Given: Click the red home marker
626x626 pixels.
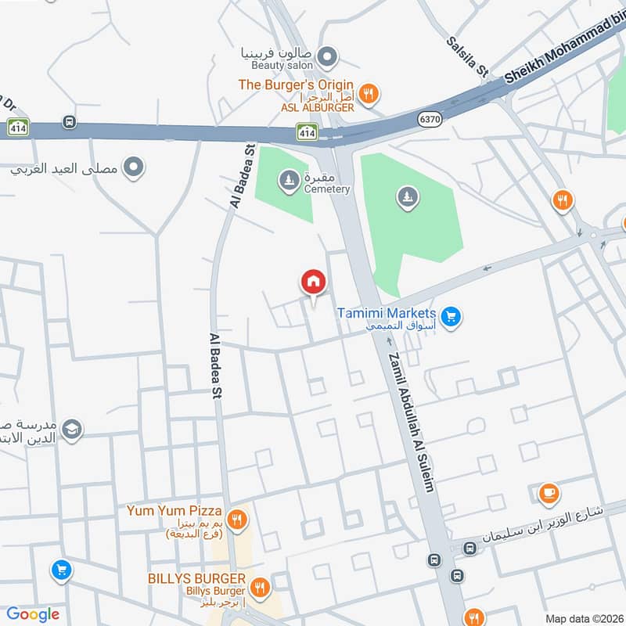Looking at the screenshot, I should coord(313,282).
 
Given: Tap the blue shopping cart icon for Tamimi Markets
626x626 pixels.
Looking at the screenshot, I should coord(450,317).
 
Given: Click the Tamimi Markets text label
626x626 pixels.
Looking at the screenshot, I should coord(387,313).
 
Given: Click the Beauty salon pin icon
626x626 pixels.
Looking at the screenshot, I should coord(328,56).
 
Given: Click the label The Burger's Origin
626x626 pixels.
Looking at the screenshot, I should coord(296,85).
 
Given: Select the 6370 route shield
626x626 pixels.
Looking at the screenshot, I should coord(430,118).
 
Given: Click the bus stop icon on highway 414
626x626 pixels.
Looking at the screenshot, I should coord(70,122).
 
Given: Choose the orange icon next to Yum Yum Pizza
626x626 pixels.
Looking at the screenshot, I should coord(238,518).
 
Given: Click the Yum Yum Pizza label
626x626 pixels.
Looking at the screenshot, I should coord(174,511).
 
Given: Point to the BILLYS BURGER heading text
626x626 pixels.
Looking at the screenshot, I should coord(197,578).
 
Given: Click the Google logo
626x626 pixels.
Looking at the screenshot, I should coord(33,614).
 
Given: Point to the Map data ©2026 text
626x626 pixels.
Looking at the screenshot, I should coord(582,618).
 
